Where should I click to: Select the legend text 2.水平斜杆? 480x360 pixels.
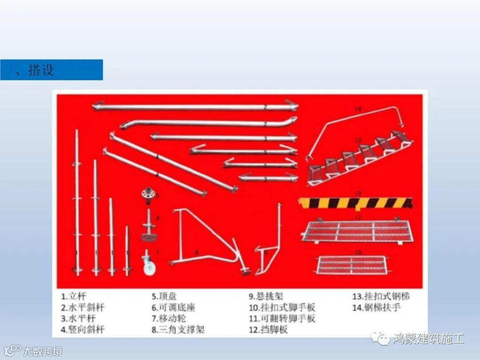pos(83,308)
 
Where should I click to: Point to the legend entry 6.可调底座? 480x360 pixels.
pos(173,308)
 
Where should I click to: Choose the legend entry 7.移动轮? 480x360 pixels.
pos(169,319)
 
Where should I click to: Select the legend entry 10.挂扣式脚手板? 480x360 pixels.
pos(282,308)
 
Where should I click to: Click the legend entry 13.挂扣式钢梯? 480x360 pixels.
pos(381,296)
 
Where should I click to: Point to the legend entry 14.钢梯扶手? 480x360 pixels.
pos(376,308)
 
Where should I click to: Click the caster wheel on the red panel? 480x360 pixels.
pos(148,265)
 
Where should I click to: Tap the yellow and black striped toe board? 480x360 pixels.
pos(355,203)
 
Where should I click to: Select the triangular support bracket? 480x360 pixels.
pos(204,242)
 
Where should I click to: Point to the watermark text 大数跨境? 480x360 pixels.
pos(42,352)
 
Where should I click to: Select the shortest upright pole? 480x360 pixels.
pos(127,251)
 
